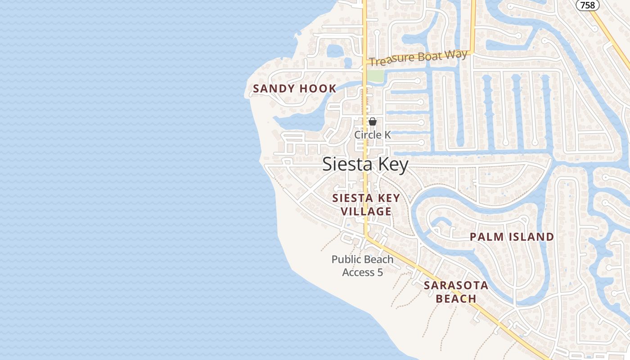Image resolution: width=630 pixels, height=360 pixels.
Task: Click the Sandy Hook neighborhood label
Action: click(295, 89)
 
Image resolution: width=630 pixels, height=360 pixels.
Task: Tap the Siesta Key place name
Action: click(365, 165)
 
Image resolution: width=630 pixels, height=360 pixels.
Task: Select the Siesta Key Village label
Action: click(366, 205)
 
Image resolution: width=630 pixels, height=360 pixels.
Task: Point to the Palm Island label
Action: click(512, 237)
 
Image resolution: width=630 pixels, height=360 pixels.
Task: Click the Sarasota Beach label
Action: click(456, 292)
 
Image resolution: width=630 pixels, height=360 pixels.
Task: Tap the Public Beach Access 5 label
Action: click(362, 265)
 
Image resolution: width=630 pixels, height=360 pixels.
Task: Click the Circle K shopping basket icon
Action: click(373, 121)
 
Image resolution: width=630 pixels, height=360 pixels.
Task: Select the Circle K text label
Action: click(373, 135)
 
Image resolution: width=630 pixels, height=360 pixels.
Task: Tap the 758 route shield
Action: click(588, 5)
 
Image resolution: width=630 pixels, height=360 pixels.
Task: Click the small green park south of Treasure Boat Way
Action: click(375, 76)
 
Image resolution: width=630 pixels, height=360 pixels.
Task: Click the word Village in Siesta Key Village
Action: click(366, 211)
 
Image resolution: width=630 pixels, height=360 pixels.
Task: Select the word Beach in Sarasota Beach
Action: click(456, 299)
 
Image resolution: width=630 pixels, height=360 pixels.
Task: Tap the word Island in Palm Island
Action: click(531, 237)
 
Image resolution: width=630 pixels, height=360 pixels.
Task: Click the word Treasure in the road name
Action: click(391, 60)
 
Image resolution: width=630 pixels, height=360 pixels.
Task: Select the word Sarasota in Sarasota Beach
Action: click(456, 285)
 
